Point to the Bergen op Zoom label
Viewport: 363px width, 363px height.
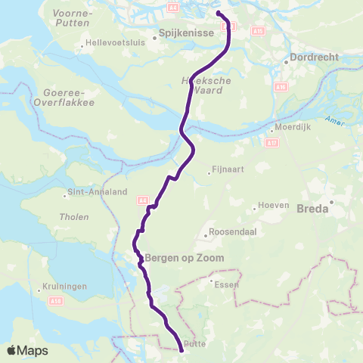pos(181,258)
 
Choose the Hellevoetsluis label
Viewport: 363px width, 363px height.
pos(113,45)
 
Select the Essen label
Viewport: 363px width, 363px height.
pos(228,284)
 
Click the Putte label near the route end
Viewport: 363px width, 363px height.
pos(195,343)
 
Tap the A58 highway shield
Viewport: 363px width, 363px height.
pos(34,301)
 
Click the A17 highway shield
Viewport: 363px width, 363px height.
pos(272,141)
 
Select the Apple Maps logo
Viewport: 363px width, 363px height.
pos(27,350)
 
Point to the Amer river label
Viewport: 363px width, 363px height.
pos(334,119)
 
